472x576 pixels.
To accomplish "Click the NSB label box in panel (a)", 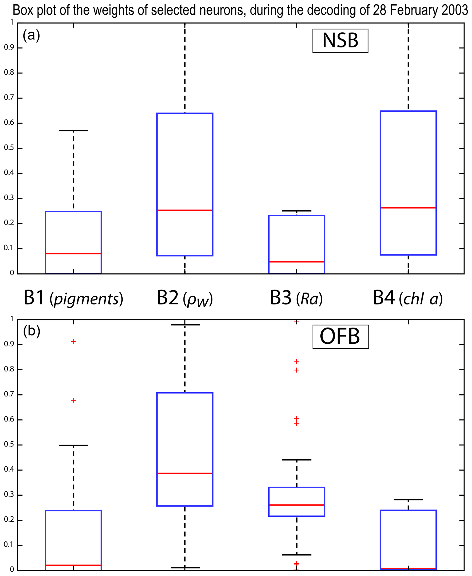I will point(340,41).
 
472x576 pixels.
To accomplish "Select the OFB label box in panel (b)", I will point(340,337).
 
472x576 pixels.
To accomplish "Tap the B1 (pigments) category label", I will point(73,298).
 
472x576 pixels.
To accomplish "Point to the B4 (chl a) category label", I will point(408,298).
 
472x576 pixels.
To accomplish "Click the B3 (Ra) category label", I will point(296,298).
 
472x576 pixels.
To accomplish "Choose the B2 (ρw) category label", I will point(185,298).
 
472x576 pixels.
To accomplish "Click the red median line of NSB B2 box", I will point(185,210).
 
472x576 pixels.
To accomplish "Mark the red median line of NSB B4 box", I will point(408,208).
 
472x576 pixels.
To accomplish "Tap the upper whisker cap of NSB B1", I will point(73,130).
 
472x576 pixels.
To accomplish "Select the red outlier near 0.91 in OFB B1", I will point(73,341).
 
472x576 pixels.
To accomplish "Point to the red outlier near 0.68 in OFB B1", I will point(73,400).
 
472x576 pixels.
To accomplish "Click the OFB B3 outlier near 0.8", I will point(297,370).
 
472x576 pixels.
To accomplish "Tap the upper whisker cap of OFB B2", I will point(185,325).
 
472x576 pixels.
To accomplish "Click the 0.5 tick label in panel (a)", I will point(9,148).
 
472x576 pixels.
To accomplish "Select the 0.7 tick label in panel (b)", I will point(9,395).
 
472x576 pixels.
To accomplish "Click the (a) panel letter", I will point(31,35).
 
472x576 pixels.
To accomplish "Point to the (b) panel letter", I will point(32,331).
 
